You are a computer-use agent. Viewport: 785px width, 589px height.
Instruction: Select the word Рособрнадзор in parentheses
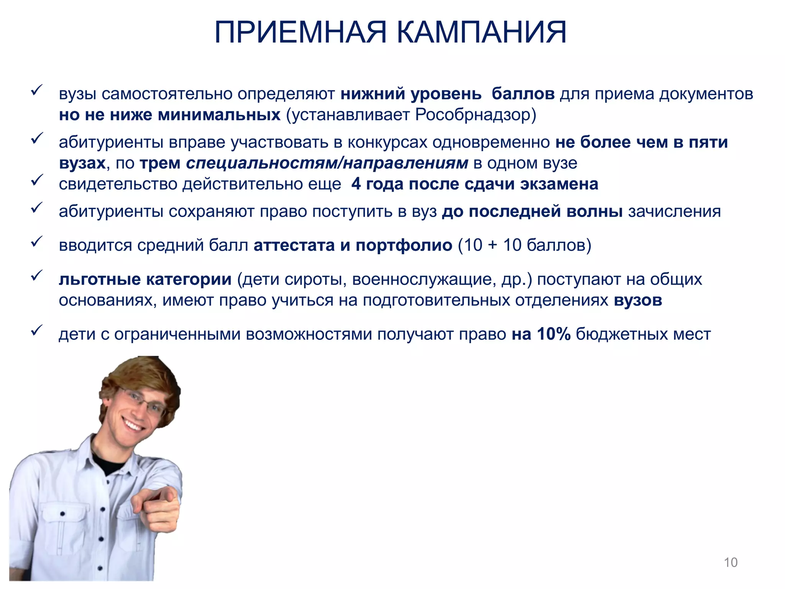(473, 115)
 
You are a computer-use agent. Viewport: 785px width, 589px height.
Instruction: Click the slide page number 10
(731, 562)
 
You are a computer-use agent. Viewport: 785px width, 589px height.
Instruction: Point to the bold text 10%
(553, 334)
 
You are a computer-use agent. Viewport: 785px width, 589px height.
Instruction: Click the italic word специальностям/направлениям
(327, 163)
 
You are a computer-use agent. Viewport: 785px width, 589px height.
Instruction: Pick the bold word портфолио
(404, 245)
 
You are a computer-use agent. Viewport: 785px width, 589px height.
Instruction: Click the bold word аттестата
(294, 245)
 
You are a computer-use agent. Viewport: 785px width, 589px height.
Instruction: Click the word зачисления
(674, 212)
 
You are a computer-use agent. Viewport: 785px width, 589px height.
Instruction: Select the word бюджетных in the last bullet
(616, 334)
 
